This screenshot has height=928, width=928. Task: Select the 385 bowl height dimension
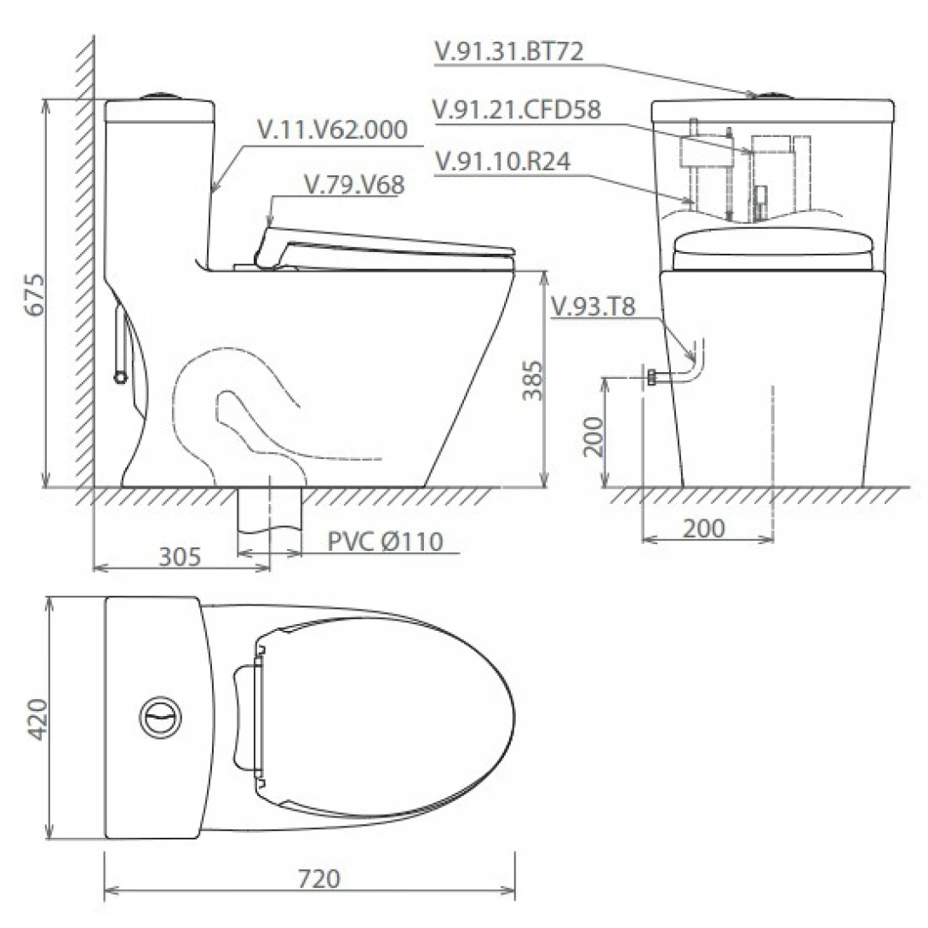[533, 380]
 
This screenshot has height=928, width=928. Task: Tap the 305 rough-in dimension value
[180, 556]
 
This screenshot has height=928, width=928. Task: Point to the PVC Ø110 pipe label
[386, 541]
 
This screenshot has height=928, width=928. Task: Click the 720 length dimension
[319, 879]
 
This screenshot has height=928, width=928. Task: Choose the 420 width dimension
[37, 719]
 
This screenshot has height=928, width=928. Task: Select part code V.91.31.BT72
[509, 51]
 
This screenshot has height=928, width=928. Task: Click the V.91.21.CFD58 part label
[517, 110]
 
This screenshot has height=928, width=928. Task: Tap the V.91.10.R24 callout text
[502, 161]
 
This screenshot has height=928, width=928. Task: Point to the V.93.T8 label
[593, 307]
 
